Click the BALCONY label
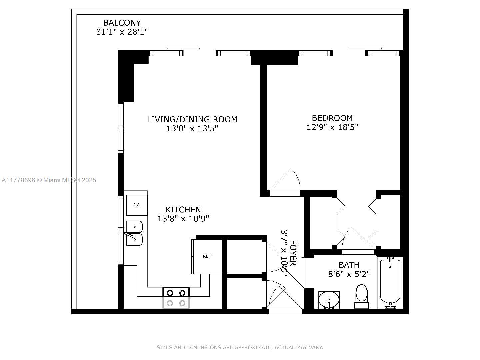(122, 23)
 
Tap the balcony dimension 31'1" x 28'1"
(122, 32)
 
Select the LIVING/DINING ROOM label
(192, 119)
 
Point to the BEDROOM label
(332, 118)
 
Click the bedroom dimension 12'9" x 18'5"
(332, 127)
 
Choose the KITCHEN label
(183, 209)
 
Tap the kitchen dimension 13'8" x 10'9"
(183, 219)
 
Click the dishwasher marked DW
(137, 205)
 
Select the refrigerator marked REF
(207, 256)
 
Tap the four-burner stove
(176, 298)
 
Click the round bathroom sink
(329, 299)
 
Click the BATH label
(349, 265)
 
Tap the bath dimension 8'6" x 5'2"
(349, 274)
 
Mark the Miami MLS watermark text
(49, 180)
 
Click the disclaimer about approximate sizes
(240, 347)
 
